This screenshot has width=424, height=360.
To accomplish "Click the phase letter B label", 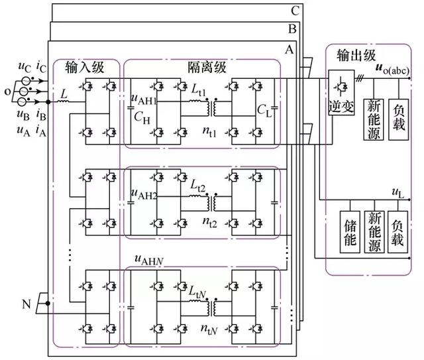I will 292,29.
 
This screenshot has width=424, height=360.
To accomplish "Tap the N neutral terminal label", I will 26,304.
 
